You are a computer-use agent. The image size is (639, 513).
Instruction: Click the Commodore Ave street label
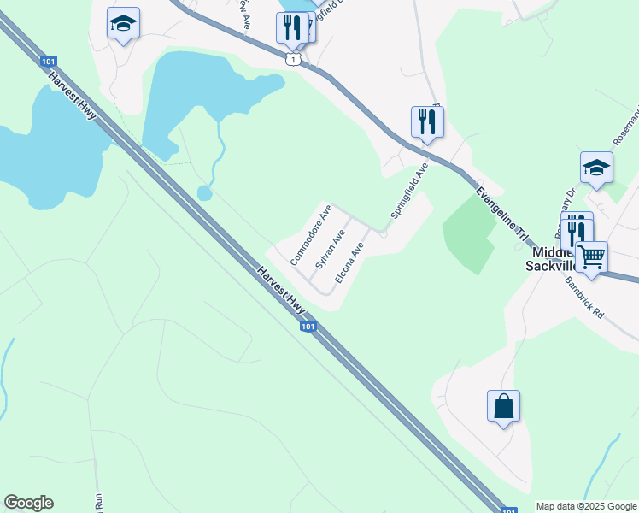tap(311, 233)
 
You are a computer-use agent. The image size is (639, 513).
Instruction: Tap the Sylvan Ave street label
tap(330, 249)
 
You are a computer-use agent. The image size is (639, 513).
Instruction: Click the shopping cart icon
tap(591, 256)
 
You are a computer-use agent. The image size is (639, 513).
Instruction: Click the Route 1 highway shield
tap(294, 60)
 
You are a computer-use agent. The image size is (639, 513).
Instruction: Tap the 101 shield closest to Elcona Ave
tap(308, 327)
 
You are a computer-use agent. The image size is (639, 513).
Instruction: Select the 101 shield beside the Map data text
tap(509, 510)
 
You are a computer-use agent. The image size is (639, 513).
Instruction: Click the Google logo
tap(28, 503)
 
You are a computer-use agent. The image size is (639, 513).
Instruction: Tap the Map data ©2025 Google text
tap(586, 506)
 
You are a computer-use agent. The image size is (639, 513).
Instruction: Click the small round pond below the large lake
tap(205, 192)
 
